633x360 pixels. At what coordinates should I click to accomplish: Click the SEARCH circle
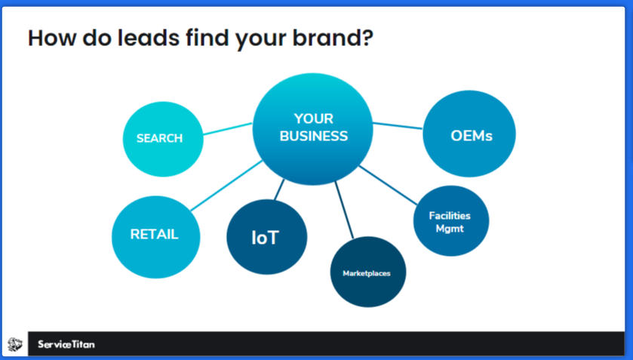[162, 138]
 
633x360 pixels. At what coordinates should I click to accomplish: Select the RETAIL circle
[154, 235]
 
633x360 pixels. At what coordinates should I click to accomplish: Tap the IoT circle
[266, 237]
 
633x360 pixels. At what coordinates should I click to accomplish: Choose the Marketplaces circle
[367, 272]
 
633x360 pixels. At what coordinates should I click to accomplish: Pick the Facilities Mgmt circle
[450, 221]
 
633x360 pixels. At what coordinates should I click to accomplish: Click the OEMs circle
[470, 136]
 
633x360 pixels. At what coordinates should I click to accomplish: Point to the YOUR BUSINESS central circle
[312, 128]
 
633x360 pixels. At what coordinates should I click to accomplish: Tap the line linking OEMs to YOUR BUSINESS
[398, 125]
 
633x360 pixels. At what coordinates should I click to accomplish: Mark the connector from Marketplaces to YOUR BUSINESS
[344, 211]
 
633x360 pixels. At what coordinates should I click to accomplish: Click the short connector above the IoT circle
[279, 190]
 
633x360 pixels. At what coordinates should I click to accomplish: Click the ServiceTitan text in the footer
[66, 345]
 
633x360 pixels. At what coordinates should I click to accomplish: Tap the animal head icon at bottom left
[15, 345]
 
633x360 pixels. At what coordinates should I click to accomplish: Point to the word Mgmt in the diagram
[450, 229]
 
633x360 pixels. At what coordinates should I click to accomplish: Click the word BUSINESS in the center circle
[313, 137]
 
